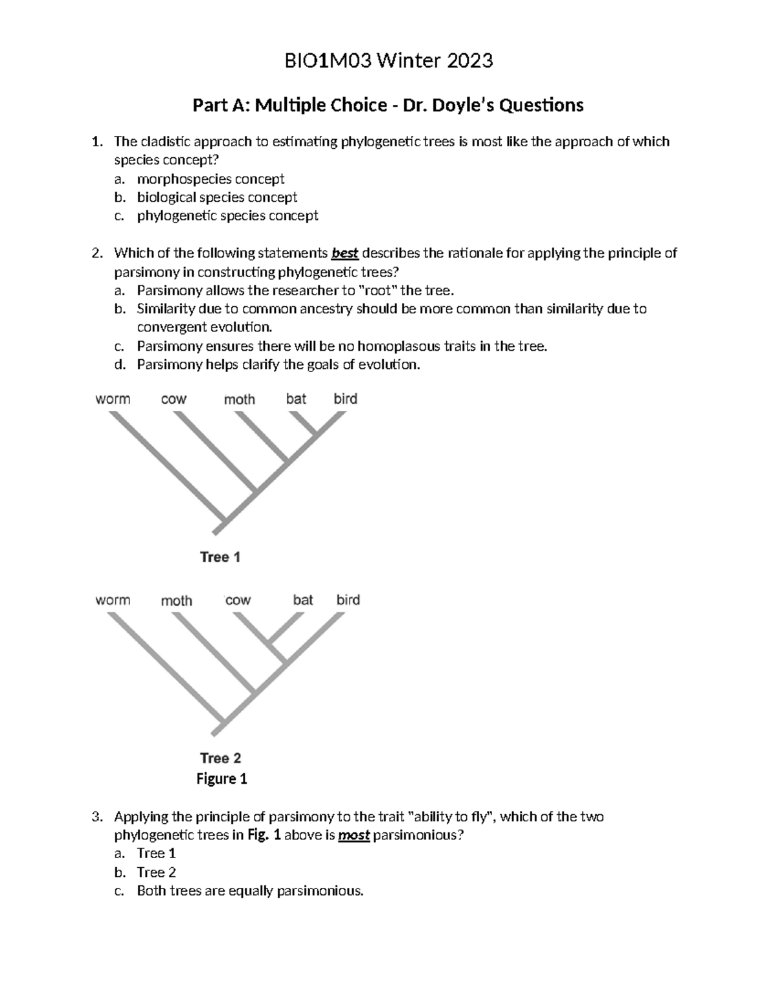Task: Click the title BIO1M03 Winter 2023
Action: pos(388,61)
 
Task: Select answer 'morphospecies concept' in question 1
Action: pos(210,179)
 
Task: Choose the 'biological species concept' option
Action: pos(217,197)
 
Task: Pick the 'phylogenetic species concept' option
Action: pos(227,215)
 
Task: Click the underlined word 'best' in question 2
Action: pos(344,253)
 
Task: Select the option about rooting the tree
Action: pos(291,291)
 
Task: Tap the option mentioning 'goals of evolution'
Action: pos(278,365)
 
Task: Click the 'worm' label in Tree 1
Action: pos(113,399)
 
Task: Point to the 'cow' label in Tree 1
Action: pos(174,399)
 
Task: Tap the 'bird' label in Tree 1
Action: pos(345,399)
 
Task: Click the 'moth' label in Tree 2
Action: pos(177,601)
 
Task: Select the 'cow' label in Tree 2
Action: pos(238,601)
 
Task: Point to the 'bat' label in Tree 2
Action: pos(303,600)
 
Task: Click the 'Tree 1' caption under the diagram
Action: pos(220,557)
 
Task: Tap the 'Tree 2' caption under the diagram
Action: pos(220,758)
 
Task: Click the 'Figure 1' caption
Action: pos(221,779)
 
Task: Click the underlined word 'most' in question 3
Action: pos(354,835)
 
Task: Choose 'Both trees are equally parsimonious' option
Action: pos(250,891)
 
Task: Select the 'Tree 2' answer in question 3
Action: pos(156,872)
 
